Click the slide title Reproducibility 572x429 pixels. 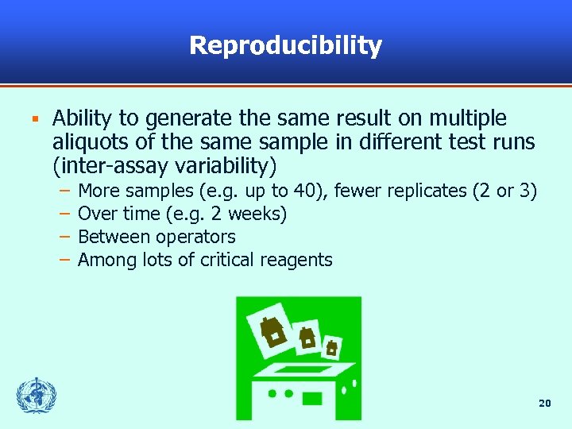285,45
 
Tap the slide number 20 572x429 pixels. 544,404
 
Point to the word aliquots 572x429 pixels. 88,143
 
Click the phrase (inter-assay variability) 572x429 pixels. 165,167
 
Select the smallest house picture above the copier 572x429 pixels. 332,347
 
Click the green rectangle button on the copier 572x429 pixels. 312,398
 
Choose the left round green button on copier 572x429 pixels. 271,393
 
